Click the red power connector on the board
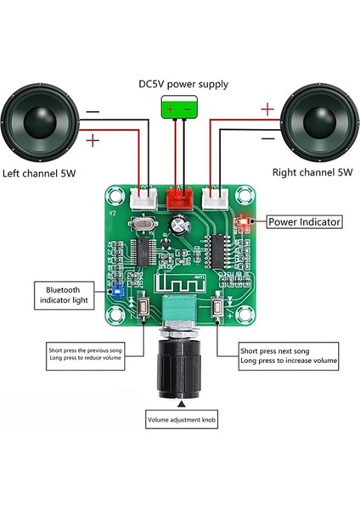(x=179, y=200)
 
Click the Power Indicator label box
(x=304, y=222)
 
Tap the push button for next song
(x=219, y=309)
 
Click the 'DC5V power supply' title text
(x=179, y=85)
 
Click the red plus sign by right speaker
(x=267, y=109)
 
